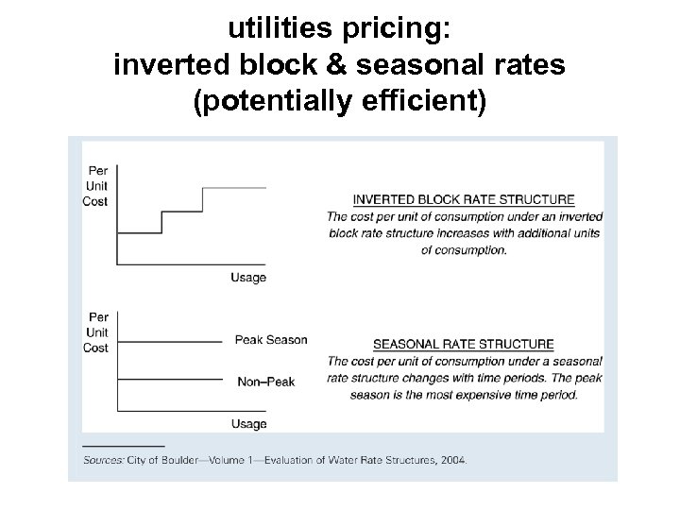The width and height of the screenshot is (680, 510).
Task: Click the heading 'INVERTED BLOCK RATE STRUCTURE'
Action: pos(463,199)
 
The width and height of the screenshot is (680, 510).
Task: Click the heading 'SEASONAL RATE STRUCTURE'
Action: pos(463,344)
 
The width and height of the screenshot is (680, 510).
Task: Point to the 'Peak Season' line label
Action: pos(271,340)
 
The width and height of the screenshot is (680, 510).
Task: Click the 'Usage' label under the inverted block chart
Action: pos(248,278)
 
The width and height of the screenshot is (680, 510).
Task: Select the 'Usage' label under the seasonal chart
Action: pos(248,424)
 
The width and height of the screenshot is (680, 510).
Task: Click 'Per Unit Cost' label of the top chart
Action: pos(95,186)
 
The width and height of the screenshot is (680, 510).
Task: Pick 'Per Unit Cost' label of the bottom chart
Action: pos(95,332)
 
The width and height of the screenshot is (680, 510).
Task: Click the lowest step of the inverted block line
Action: pos(139,232)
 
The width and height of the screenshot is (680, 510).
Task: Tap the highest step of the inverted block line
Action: pos(234,187)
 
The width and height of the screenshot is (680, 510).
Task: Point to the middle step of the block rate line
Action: pos(182,211)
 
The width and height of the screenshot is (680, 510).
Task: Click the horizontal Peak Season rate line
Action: pos(170,341)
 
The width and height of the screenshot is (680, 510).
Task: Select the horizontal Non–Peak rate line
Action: pos(170,380)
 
